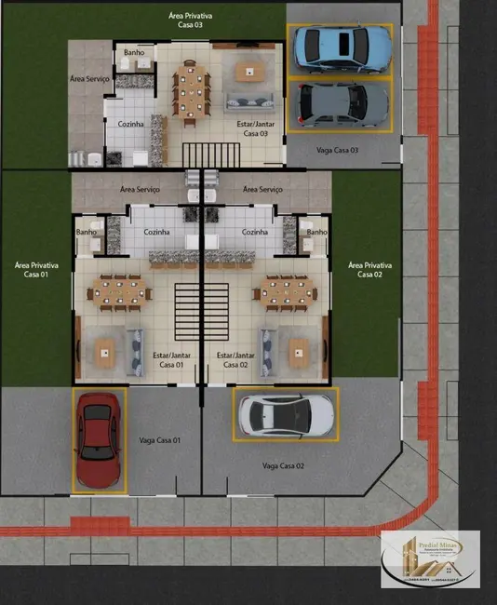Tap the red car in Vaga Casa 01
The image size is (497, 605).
98,439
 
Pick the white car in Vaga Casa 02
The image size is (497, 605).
285,414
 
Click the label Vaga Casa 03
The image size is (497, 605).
337,150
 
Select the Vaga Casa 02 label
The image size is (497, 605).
284,464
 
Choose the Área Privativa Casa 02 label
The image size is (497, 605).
369,270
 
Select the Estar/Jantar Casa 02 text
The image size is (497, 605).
235,359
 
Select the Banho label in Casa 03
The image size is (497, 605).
132,53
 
